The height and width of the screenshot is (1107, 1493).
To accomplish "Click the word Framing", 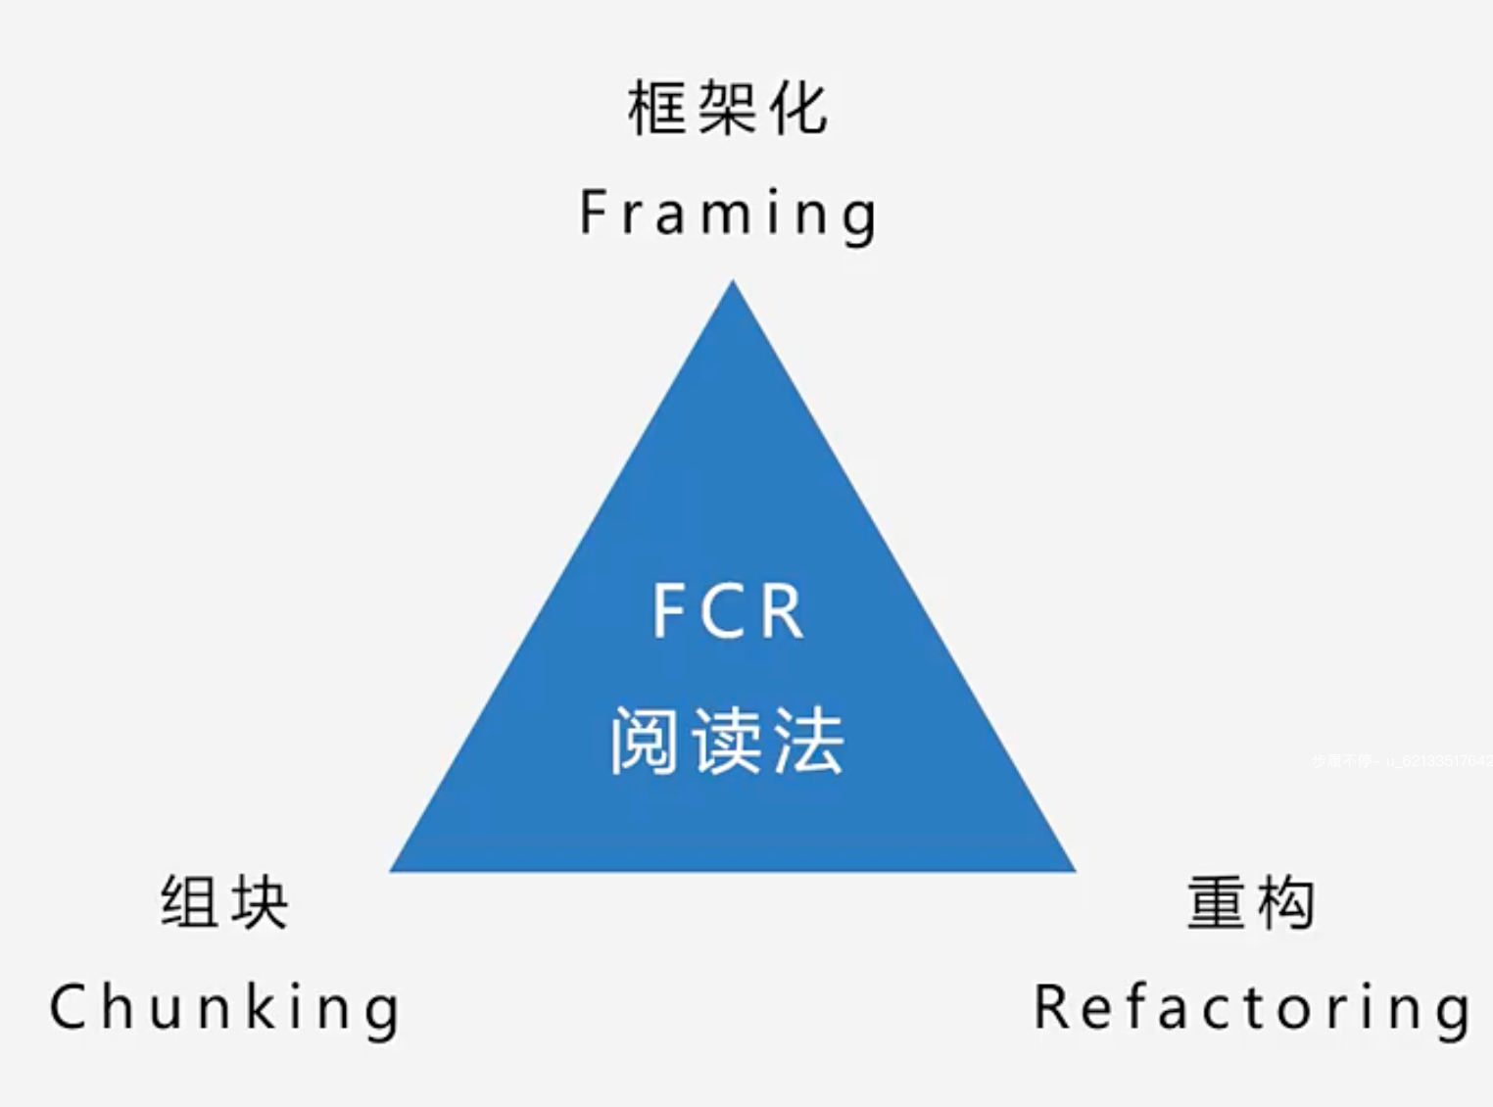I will click(x=728, y=213).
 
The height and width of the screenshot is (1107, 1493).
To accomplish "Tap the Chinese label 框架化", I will click(x=728, y=108).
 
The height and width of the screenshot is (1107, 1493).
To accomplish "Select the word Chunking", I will click(x=225, y=1008).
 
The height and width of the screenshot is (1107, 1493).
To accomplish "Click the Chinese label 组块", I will click(x=224, y=902).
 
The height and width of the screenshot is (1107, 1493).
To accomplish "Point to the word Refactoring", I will click(x=1252, y=1008).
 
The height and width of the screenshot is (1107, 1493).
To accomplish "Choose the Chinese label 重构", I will click(x=1251, y=902).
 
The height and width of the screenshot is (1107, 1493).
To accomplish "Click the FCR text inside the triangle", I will click(x=728, y=611).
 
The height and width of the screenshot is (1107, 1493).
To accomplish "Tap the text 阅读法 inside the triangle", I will click(x=727, y=742).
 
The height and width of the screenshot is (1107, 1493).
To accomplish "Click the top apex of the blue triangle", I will click(x=733, y=284).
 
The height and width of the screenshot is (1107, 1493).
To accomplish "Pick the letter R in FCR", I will click(x=781, y=611).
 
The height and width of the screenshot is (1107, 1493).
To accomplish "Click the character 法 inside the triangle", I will click(x=808, y=742).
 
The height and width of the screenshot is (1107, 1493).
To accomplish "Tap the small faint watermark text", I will click(x=1401, y=760).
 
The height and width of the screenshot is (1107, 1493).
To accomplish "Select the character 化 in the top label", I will click(x=798, y=108).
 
